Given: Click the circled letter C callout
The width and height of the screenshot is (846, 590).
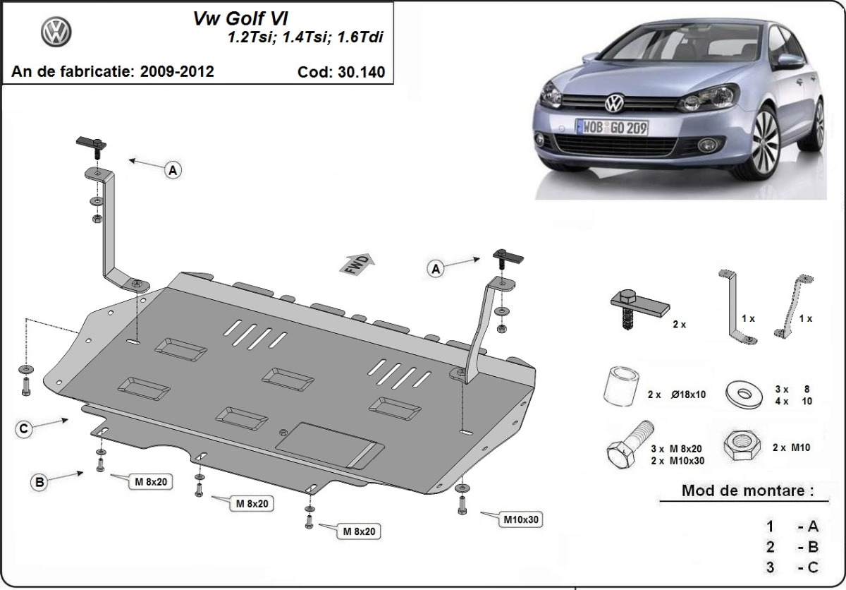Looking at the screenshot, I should pos(24,428).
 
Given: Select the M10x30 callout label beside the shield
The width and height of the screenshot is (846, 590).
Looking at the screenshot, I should pos(522,520).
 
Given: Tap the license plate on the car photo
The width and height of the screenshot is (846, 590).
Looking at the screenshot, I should pos(612,127).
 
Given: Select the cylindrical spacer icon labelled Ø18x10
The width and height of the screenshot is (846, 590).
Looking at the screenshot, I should pos(621,387).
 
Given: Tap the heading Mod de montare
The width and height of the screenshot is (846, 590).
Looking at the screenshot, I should pos(747,490).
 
